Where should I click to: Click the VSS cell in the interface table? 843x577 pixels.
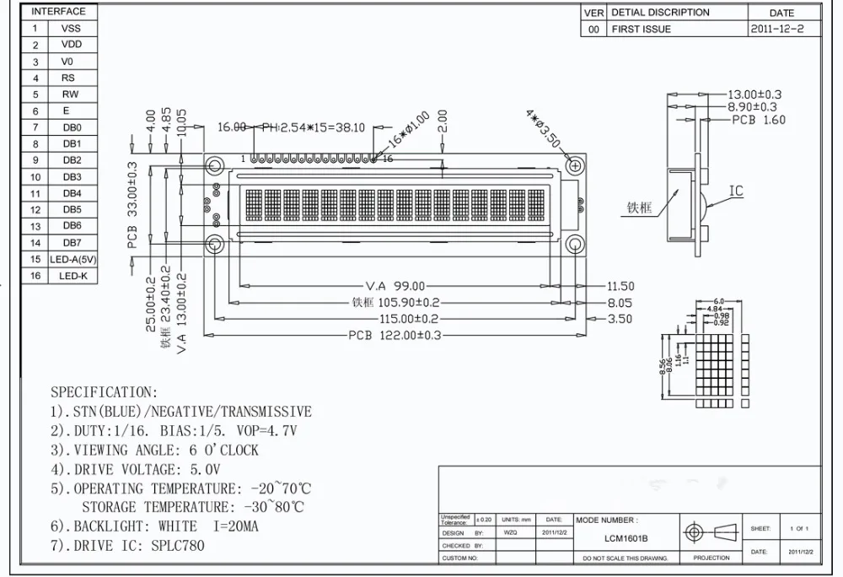pos(72,28)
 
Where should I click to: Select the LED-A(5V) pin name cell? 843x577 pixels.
pos(73,259)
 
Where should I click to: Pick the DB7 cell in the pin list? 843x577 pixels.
pos(72,243)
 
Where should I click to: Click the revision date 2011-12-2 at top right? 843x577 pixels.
pos(783,29)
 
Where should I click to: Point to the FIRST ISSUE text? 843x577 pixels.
pos(642,29)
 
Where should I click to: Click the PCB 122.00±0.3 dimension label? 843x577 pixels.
pos(395,335)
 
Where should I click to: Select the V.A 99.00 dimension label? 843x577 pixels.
pos(395,286)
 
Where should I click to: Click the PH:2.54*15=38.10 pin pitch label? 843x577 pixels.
pos(313,127)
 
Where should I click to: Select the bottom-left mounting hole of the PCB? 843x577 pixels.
pos(214,245)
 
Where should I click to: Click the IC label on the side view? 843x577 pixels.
pos(736,191)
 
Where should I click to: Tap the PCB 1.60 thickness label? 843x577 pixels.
pos(758,120)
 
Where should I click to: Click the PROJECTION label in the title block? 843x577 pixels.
pos(711,558)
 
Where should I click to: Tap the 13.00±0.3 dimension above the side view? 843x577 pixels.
pos(754,94)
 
